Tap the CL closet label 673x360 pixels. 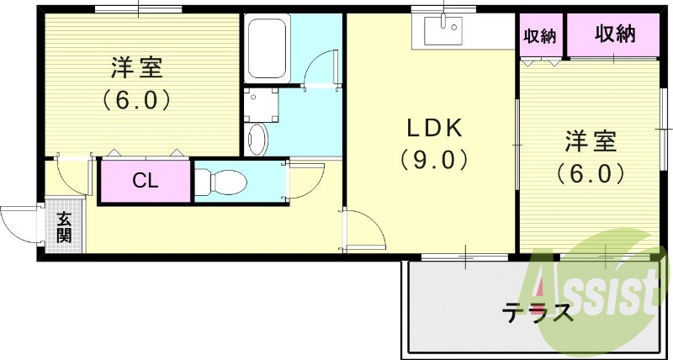click(146, 182)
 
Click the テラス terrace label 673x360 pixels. click(538, 313)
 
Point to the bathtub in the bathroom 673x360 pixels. click(268, 48)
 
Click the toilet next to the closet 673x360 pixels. click(220, 183)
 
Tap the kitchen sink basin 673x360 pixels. click(443, 31)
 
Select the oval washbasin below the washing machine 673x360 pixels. click(258, 140)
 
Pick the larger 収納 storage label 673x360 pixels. click(615, 34)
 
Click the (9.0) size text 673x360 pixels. click(434, 161)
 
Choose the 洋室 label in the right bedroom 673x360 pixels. click(591, 142)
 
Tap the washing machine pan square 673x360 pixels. click(261, 104)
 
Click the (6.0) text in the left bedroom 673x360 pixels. click(136, 100)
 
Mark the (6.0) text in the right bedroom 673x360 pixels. click(590, 174)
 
